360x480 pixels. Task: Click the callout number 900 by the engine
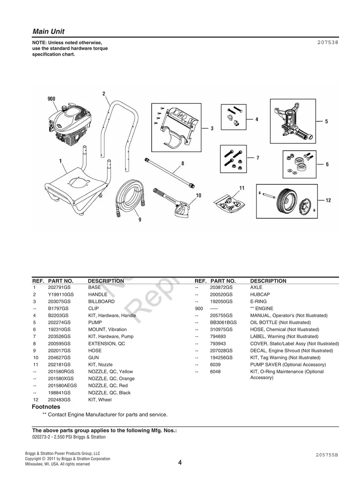point(51,99)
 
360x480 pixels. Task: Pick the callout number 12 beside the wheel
point(328,200)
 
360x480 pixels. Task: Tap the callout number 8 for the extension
point(182,163)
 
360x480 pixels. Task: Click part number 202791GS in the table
point(59,287)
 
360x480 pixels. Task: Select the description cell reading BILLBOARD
point(101,302)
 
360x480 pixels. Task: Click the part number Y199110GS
point(61,294)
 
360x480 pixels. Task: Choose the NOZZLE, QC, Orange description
point(111,379)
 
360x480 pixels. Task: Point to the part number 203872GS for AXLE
point(221,287)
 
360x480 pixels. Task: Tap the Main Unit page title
point(48,31)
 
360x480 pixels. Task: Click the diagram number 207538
point(328,43)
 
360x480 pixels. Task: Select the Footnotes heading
point(46,407)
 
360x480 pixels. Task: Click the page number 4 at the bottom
point(180,463)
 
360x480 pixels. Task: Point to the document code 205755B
point(327,455)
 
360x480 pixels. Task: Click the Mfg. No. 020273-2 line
point(69,437)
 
